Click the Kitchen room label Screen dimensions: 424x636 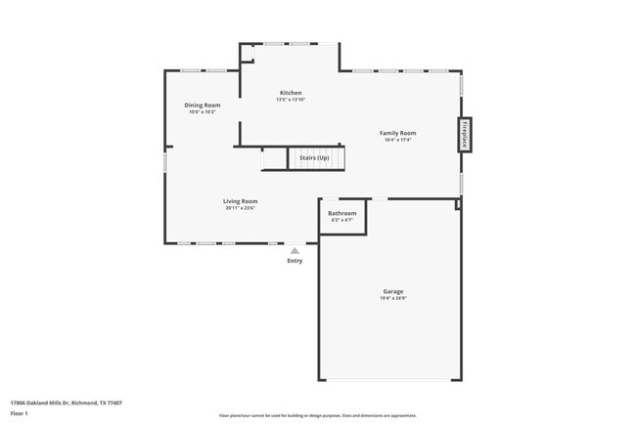pos(291,93)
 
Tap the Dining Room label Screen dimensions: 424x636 pos(203,105)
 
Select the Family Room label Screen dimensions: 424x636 pos(398,133)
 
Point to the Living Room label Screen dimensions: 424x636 pos(240,201)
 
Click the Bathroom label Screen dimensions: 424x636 pos(341,213)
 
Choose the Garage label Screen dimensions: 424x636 pos(392,291)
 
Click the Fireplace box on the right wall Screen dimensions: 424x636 pos(465,136)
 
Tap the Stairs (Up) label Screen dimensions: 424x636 pos(314,157)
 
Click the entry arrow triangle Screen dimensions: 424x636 pos(295,251)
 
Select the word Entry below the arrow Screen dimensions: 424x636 pos(295,261)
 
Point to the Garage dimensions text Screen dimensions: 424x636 pos(392,298)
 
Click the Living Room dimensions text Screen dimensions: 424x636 pos(240,208)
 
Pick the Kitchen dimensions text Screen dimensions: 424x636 pos(291,100)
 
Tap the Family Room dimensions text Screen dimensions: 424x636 pos(398,140)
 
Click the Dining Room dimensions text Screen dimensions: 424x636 pos(203,111)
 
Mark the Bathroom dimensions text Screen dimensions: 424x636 pos(341,220)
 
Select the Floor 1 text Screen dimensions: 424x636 pos(20,413)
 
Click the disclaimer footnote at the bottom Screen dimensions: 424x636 pos(317,416)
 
